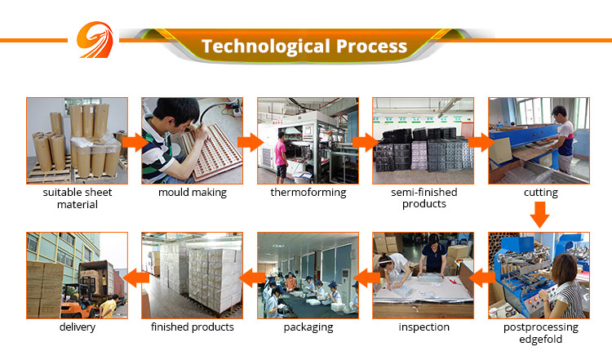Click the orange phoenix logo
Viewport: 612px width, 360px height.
coord(95,40)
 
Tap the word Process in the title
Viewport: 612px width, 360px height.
coord(371,46)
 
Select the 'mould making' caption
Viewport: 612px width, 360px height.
coord(193,193)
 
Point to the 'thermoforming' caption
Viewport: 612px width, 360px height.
coord(308,193)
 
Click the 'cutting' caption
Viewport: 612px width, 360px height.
coord(540,193)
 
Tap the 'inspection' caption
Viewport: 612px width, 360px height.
coord(424,327)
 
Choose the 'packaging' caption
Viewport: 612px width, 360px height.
coord(308,327)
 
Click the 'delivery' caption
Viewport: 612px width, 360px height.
coord(78,327)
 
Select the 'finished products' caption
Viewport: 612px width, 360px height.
coord(193,327)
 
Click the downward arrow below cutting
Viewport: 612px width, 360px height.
coord(540,215)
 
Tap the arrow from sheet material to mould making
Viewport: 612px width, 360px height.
coord(135,142)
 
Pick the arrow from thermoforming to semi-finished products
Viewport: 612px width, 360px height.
coord(366,142)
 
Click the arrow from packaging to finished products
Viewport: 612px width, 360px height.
coord(251,278)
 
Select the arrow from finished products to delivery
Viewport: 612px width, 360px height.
coord(135,278)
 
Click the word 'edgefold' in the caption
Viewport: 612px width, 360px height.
coord(540,340)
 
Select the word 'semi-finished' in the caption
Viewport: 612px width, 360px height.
coord(424,193)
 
